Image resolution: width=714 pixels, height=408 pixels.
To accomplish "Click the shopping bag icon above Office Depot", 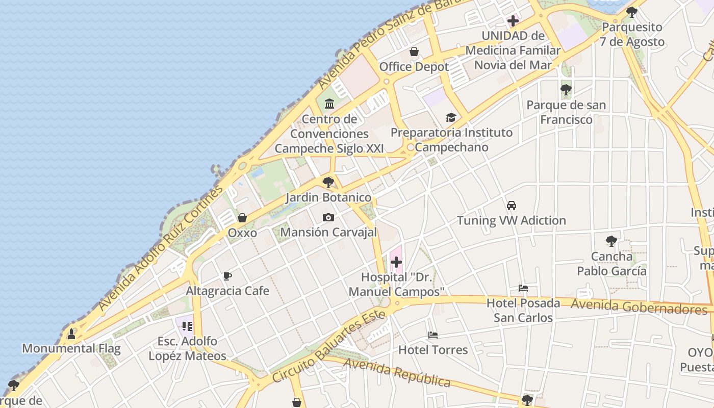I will (414, 52).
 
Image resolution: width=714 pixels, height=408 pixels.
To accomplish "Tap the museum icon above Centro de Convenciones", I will (329, 104).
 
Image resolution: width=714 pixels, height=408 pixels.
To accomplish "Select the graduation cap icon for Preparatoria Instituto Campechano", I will (451, 118).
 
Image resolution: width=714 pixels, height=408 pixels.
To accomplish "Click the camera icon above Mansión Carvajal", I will (328, 218).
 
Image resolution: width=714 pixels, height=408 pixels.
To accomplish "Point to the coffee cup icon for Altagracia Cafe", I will (227, 276).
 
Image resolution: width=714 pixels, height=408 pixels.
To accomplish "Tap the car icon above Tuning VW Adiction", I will (512, 206).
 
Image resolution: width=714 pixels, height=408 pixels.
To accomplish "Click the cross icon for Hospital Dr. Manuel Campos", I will (396, 263).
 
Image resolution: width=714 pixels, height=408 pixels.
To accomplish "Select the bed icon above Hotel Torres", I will (433, 335).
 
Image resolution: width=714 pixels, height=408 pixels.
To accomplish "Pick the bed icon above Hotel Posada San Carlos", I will (523, 288).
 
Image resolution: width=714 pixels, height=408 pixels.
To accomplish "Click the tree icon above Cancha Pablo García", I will (611, 241).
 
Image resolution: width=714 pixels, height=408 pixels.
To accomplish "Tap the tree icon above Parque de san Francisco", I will (566, 90).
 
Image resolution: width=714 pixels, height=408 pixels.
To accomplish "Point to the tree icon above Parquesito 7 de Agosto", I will (632, 12).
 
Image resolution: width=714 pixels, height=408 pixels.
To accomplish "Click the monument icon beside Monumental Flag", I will (71, 334).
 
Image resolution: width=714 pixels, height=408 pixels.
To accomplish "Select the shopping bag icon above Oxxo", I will (242, 218).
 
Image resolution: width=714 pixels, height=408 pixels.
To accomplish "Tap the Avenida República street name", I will (397, 372).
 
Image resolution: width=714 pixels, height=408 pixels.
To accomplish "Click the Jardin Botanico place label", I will (328, 197).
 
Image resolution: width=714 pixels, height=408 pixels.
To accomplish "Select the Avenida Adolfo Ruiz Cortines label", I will (161, 248).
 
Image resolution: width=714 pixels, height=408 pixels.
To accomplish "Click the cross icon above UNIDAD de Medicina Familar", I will (513, 21).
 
